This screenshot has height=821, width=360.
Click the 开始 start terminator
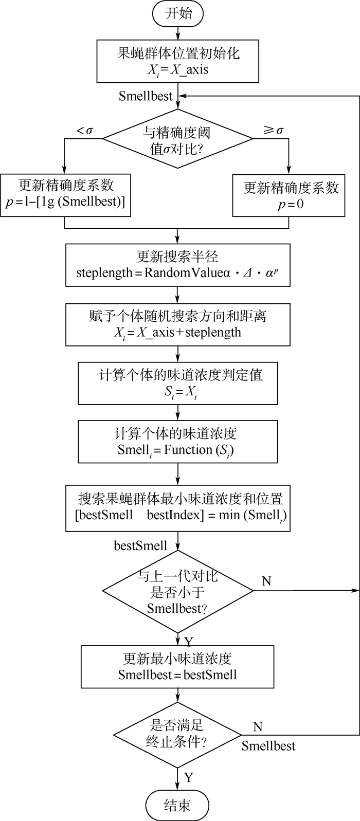coord(177,13)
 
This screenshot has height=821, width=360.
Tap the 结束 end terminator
coord(177,805)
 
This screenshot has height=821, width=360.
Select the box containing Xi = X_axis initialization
coord(177,62)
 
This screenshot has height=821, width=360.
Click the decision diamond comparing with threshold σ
coord(177,139)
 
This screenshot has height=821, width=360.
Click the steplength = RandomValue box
coord(177,264)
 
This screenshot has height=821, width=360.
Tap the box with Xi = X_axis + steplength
coord(177,324)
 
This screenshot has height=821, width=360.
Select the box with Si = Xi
coord(177,383)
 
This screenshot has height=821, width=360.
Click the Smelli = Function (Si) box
coord(177,442)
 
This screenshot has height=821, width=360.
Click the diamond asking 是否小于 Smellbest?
coord(177,591)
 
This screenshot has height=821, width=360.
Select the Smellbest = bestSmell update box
coord(177,666)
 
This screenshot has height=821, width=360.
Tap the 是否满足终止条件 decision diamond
coord(177,735)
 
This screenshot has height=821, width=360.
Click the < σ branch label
coord(85,131)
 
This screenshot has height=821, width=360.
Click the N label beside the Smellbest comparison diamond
coord(266,581)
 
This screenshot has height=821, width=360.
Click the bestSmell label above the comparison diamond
coord(140,545)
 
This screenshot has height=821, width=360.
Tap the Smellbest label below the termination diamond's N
coord(268,746)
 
